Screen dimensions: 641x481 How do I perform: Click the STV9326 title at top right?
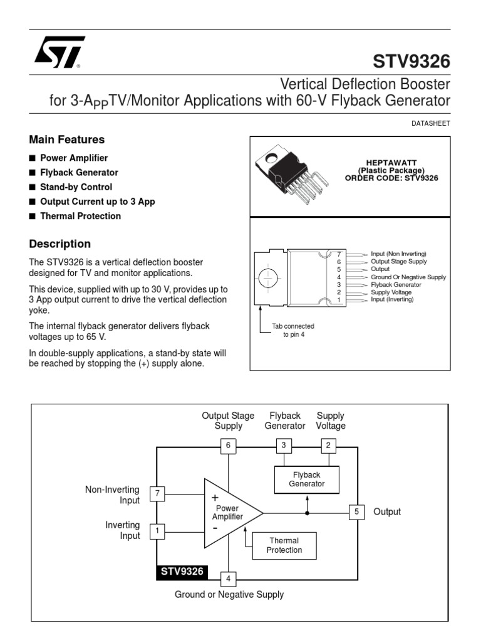[x=411, y=62]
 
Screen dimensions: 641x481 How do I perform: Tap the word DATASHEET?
[x=431, y=124]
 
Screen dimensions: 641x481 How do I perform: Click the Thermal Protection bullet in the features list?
[x=80, y=216]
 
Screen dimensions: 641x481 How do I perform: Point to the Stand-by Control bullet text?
[x=76, y=187]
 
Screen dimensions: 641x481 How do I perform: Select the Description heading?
[x=60, y=244]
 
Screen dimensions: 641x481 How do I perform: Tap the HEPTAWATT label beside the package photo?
[x=391, y=162]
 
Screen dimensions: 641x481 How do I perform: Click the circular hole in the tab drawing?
[x=268, y=277]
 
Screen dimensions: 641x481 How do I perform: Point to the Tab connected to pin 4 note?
[x=292, y=331]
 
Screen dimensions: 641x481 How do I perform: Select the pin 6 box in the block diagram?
[x=229, y=446]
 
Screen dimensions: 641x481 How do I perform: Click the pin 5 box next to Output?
[x=356, y=512]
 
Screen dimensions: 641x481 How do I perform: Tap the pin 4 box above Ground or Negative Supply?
[x=229, y=578]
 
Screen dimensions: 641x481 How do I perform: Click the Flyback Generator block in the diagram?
[x=307, y=479]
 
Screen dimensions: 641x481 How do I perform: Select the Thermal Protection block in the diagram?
[x=284, y=545]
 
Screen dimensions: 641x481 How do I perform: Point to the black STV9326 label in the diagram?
[x=183, y=572]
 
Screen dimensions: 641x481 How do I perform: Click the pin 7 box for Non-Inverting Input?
[x=158, y=495]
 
